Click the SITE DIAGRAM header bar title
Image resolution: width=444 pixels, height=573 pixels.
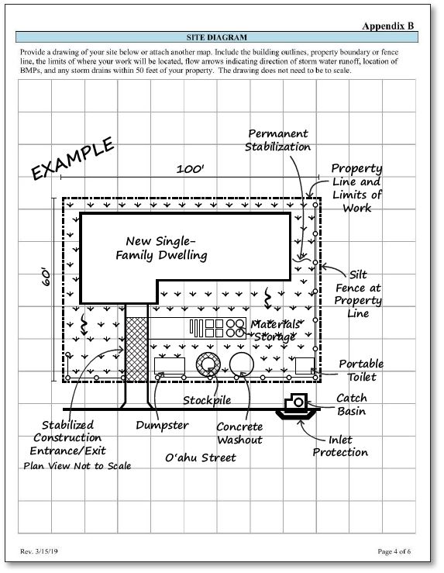pyautogui.click(x=216, y=37)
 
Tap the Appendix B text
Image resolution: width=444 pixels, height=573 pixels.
pyautogui.click(x=387, y=26)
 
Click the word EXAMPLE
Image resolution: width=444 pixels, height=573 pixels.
pyautogui.click(x=72, y=158)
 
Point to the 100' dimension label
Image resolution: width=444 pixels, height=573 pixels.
pyautogui.click(x=190, y=169)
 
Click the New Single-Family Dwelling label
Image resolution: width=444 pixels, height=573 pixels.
pyautogui.click(x=161, y=248)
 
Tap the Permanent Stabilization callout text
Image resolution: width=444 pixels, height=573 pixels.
pyautogui.click(x=277, y=140)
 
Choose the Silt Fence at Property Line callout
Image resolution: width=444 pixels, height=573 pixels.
pyautogui.click(x=358, y=294)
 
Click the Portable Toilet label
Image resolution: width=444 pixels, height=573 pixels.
pyautogui.click(x=361, y=370)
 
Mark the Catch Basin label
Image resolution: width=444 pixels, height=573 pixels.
pyautogui.click(x=351, y=405)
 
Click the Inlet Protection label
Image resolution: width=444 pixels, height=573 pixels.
pyautogui.click(x=340, y=446)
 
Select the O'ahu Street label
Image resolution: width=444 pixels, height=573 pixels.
pyautogui.click(x=201, y=457)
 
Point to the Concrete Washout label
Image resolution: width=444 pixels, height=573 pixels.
pyautogui.click(x=239, y=433)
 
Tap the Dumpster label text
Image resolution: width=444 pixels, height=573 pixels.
pyautogui.click(x=162, y=425)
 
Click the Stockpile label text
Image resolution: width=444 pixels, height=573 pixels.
pyautogui.click(x=207, y=400)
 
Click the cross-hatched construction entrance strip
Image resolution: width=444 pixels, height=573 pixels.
pyautogui.click(x=136, y=350)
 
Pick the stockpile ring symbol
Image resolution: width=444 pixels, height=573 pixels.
pyautogui.click(x=208, y=364)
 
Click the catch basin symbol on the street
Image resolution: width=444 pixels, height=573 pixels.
pyautogui.click(x=296, y=403)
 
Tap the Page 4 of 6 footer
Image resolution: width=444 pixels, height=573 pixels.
pyautogui.click(x=394, y=551)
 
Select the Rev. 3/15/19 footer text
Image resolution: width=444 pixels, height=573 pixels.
pyautogui.click(x=39, y=551)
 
